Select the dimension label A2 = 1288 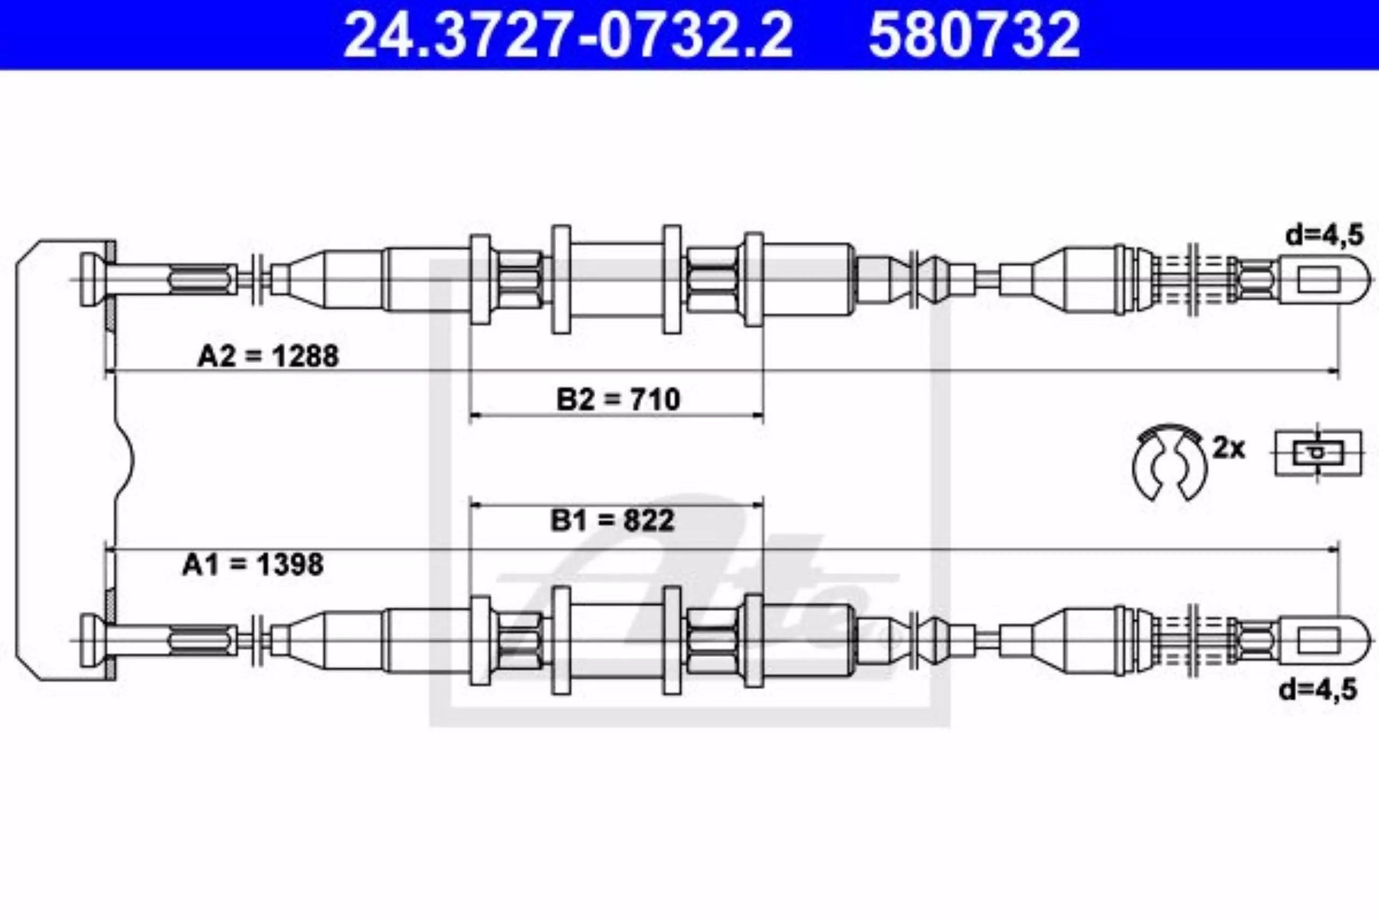[268, 356]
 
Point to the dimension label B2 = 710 [618, 399]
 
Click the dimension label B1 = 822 [612, 521]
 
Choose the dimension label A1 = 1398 [253, 565]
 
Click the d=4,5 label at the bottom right [1318, 690]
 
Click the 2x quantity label [1228, 448]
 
